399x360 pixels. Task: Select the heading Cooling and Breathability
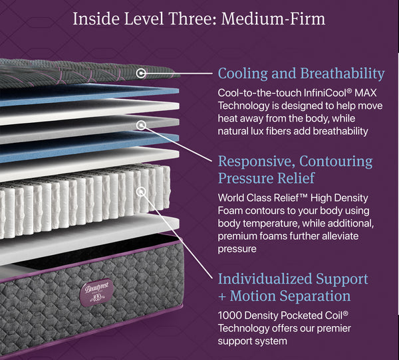[301, 73]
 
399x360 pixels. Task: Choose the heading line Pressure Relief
[266, 178]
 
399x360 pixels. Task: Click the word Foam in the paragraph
[231, 211]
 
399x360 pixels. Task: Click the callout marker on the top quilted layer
[141, 73]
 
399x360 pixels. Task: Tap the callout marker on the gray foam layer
[141, 125]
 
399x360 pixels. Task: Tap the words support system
[253, 341]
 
